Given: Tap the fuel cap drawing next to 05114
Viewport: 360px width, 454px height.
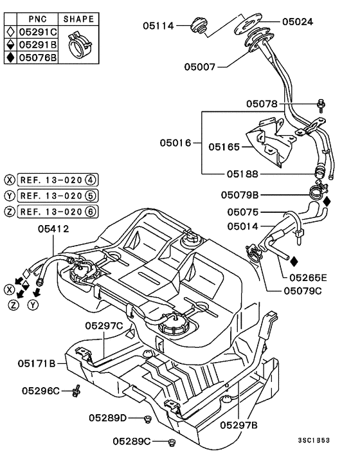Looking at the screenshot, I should pos(199,27).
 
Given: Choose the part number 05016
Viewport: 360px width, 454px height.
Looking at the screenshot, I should pos(175,142).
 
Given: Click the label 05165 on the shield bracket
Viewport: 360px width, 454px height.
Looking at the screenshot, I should pos(223,147).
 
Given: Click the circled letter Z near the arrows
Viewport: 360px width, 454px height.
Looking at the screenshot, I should pos(13,305).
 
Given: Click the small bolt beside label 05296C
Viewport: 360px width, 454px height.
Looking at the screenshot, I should pos(77,390).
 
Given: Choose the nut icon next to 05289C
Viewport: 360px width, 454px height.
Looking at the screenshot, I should pos(172,442).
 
